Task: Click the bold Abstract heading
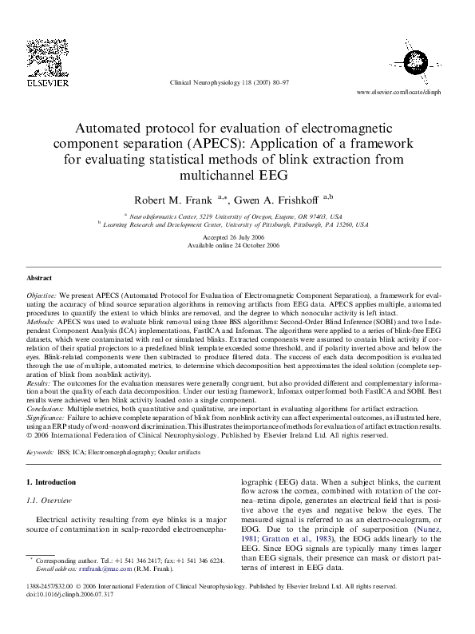tap(40, 278)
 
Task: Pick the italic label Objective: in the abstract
tap(42, 295)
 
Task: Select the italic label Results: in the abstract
tap(39, 383)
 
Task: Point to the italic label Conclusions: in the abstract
tap(46, 407)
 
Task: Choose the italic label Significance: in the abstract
tap(46, 416)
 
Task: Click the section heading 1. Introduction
tap(52, 482)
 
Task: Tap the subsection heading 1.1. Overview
tap(50, 500)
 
